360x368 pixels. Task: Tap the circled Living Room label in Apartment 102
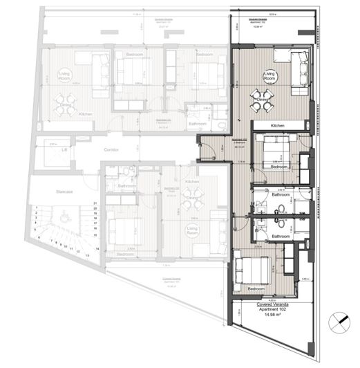point(269,75)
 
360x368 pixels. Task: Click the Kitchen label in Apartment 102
point(278,125)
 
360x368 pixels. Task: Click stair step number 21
point(95,203)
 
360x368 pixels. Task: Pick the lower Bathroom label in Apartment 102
point(281,236)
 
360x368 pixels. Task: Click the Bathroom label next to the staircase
point(126,186)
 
